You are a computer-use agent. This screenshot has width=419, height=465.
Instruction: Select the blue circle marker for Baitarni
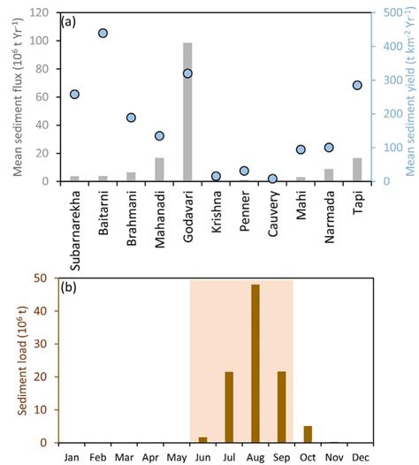103,33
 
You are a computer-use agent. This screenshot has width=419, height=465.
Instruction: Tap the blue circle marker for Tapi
358,85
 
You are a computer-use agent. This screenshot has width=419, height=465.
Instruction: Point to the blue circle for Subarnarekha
74,94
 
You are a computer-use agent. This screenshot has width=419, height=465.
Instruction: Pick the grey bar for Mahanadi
159,170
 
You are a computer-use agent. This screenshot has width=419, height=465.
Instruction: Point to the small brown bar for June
202,439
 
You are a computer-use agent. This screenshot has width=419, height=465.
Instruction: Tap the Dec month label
361,457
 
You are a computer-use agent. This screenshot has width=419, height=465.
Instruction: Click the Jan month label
71,457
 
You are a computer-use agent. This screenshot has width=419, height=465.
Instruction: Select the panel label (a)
71,21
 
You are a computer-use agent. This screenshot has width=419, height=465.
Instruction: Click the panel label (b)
71,287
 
